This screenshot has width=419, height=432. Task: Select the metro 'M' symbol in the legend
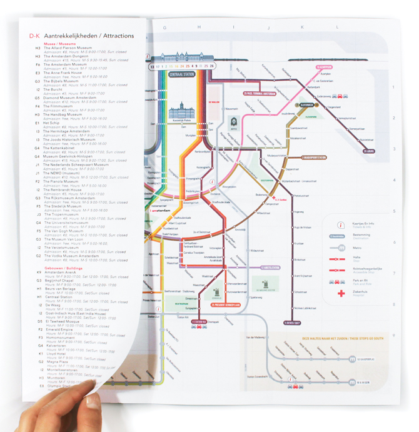pos(341,248)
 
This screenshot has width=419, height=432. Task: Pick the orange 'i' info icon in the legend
pos(341,223)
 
